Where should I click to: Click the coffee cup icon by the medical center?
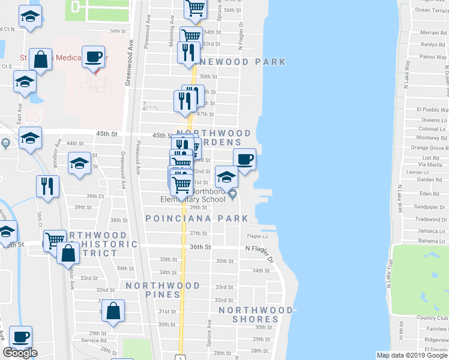point(93,57)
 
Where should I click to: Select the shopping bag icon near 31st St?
point(113,311)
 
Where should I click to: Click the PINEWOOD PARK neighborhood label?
point(236,62)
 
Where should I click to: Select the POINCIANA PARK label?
point(197,218)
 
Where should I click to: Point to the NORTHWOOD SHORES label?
point(255,314)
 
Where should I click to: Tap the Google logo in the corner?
point(20,353)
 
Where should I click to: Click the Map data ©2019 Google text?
point(412,355)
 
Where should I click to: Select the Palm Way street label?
point(433,57)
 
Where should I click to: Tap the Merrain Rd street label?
point(433,32)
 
